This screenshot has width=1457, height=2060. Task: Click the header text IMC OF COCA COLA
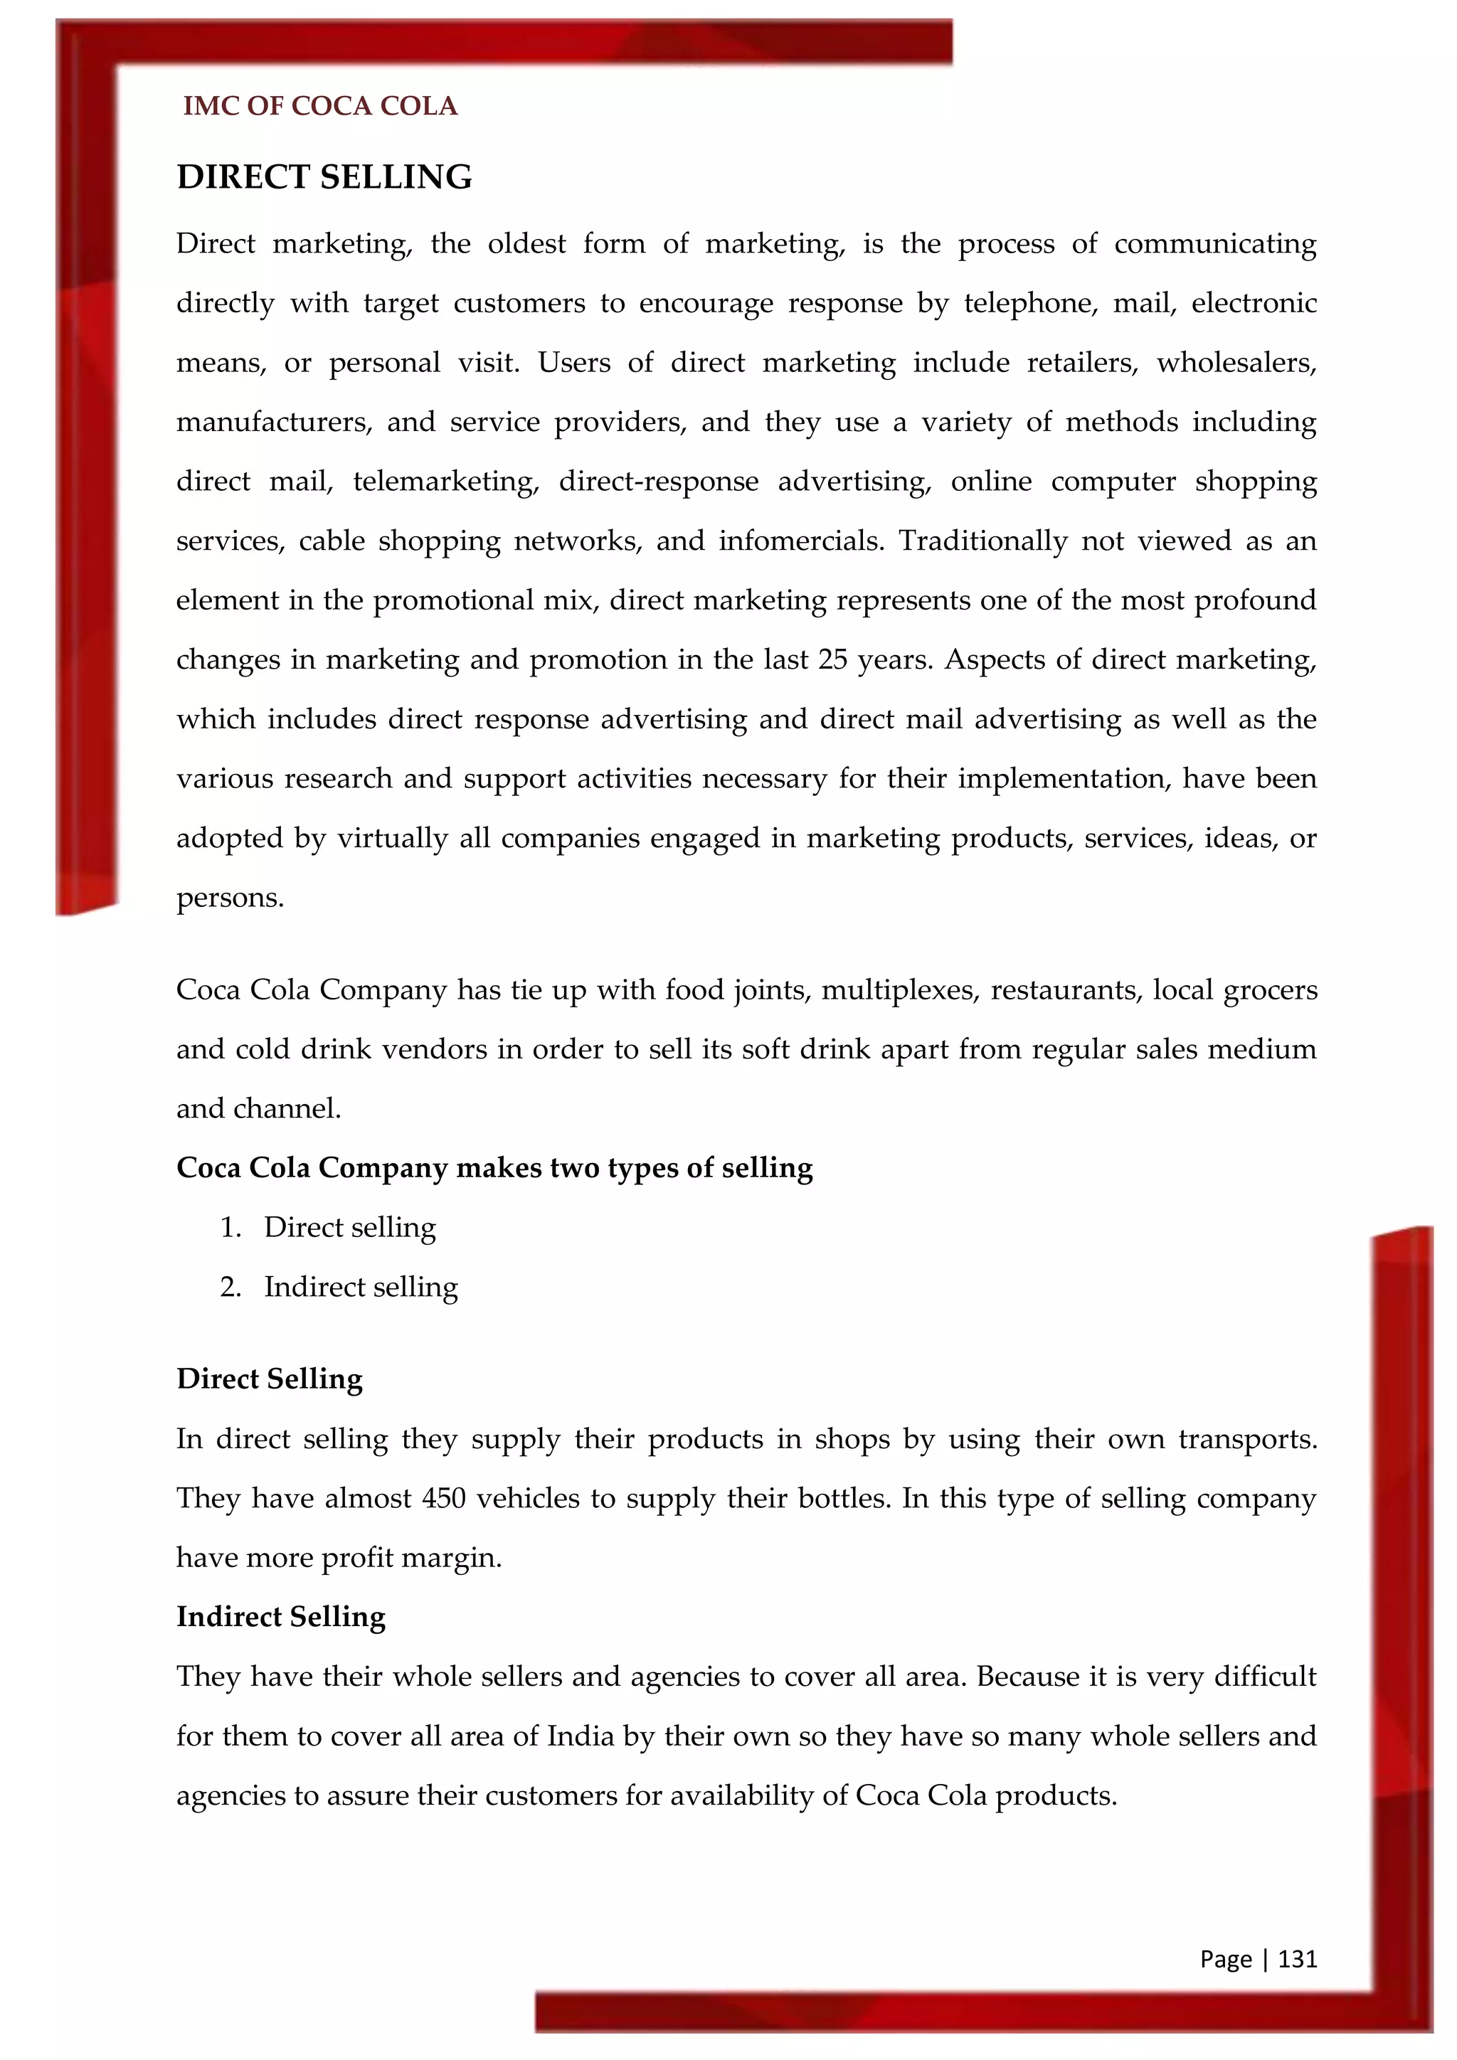(320, 106)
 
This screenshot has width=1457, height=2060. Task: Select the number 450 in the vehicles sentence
(443, 1497)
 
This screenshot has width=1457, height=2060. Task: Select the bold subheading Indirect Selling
(281, 1616)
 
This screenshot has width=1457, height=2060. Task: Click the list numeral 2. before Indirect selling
(231, 1287)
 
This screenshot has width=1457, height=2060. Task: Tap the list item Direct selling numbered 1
(350, 1226)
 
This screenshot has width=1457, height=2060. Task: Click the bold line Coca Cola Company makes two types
(494, 1167)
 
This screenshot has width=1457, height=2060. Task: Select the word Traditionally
(982, 541)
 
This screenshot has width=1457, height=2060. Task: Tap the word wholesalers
(1236, 363)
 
